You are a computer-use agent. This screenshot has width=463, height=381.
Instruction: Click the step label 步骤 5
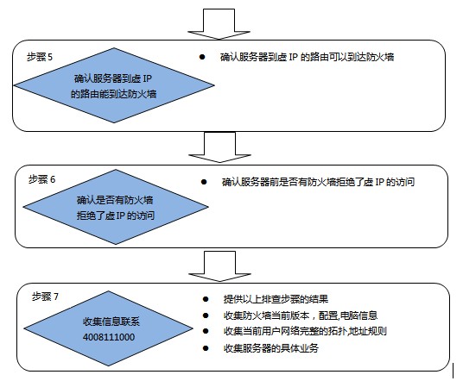[40, 57]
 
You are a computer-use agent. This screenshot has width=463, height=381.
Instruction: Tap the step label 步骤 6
[41, 179]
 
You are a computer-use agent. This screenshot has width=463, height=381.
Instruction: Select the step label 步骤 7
[45, 297]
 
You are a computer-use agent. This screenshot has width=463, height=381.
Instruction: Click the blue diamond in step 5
[114, 85]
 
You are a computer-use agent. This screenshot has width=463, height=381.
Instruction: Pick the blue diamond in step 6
[116, 207]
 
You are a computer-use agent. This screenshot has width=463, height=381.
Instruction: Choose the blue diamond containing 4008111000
[108, 328]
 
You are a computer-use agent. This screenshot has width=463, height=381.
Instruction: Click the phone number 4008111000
[109, 337]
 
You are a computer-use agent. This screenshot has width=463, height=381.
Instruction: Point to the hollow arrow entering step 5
[219, 23]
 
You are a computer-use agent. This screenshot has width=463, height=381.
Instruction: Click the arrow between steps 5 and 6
[219, 147]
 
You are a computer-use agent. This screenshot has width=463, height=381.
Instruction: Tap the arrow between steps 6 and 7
[219, 266]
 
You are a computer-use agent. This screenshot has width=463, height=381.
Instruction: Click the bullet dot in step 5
[202, 57]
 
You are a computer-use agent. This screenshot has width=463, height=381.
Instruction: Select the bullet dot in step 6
[204, 182]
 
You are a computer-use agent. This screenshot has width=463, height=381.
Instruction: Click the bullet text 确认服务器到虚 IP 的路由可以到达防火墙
[308, 57]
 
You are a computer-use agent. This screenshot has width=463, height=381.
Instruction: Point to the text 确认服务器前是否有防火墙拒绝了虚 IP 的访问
[318, 182]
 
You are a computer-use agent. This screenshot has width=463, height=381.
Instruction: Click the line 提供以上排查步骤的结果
[276, 299]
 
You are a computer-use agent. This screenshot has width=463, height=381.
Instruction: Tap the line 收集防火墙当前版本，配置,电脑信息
[301, 315]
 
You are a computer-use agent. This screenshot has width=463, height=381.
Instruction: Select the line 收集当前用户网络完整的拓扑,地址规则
[305, 331]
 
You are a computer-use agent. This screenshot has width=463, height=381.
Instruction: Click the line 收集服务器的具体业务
[271, 348]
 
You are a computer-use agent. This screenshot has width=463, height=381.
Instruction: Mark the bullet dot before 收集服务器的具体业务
[206, 348]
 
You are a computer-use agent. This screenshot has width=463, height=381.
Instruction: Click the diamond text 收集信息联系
[111, 322]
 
